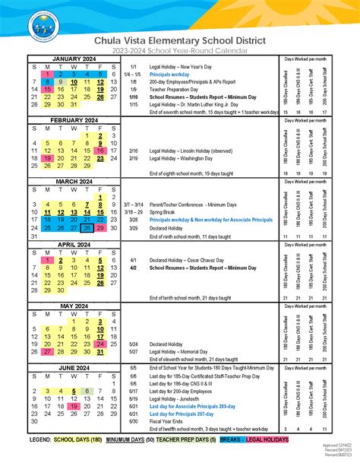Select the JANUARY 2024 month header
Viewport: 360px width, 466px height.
coord(74,59)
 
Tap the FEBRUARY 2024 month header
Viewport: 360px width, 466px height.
coord(74,121)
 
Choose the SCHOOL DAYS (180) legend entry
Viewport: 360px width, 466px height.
coord(74,440)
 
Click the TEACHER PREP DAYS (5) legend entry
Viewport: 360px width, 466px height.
coord(188,440)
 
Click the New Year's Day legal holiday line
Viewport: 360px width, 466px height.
coord(179,68)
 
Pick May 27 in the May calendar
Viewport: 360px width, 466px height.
coord(47,352)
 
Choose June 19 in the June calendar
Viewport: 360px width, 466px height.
coord(74,407)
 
